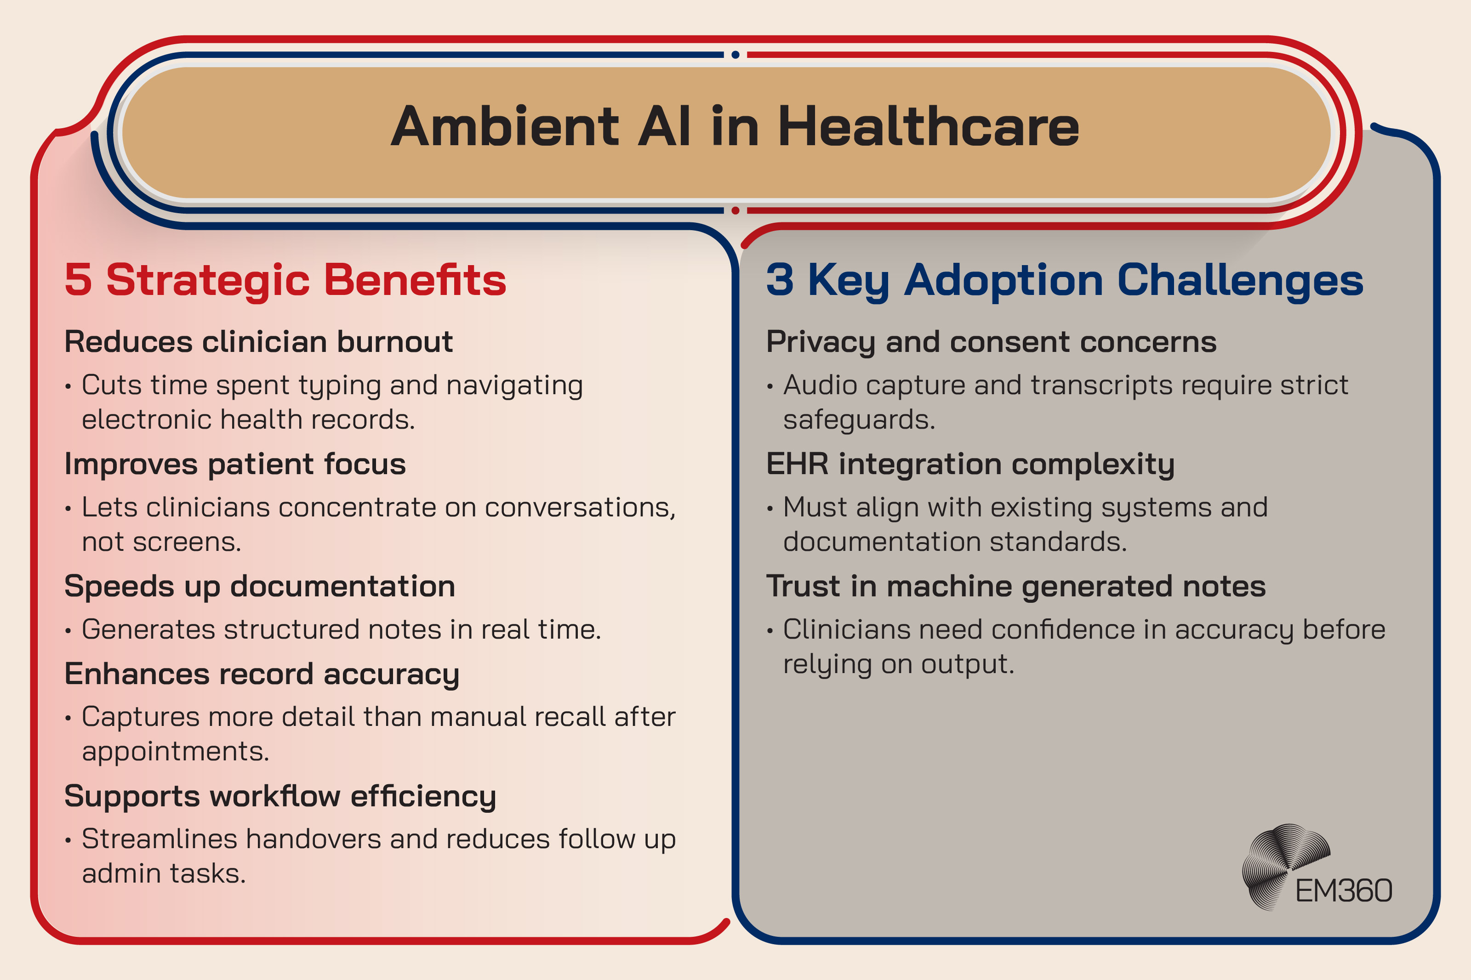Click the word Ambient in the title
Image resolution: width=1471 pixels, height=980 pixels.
(x=505, y=127)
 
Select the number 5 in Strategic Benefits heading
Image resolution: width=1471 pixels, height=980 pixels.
(x=79, y=279)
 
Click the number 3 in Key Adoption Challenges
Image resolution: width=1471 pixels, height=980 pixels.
(x=780, y=279)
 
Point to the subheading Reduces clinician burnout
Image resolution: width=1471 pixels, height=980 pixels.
(x=258, y=342)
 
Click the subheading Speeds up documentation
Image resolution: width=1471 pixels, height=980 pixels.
(x=259, y=586)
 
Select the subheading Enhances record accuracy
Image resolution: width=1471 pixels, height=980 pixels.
(x=261, y=674)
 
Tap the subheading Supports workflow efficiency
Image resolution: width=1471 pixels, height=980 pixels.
(x=280, y=796)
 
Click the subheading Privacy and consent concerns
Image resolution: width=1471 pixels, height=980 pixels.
(x=991, y=342)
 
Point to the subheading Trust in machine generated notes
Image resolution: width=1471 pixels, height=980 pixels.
(x=1015, y=586)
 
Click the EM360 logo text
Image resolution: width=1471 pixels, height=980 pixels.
(x=1343, y=890)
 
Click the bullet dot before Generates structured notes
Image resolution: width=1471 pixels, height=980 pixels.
(x=68, y=631)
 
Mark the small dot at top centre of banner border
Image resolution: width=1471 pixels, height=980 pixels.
(x=735, y=55)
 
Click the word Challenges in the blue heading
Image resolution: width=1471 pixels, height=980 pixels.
(x=1240, y=279)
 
